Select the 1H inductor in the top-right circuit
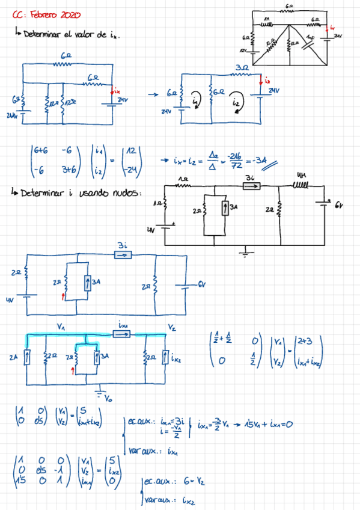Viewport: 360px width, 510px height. pos(266,24)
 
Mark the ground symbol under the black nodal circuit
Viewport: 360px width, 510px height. pos(244,253)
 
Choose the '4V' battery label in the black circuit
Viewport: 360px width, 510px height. pos(151,229)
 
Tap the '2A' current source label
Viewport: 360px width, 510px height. pos(13,357)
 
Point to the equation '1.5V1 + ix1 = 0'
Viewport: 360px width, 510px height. pos(267,424)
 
